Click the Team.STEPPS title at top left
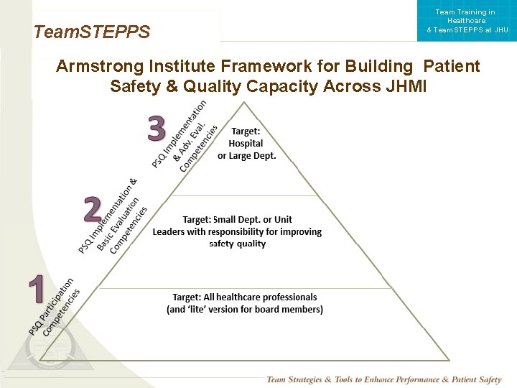(x=92, y=32)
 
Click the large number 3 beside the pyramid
(x=157, y=129)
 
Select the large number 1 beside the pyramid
(x=37, y=289)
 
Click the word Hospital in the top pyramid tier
(x=246, y=144)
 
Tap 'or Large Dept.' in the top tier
(x=246, y=156)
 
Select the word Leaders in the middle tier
(x=169, y=231)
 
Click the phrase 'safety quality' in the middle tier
(x=237, y=244)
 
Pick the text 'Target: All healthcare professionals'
(x=244, y=297)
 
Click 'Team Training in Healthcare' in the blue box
(x=465, y=17)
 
